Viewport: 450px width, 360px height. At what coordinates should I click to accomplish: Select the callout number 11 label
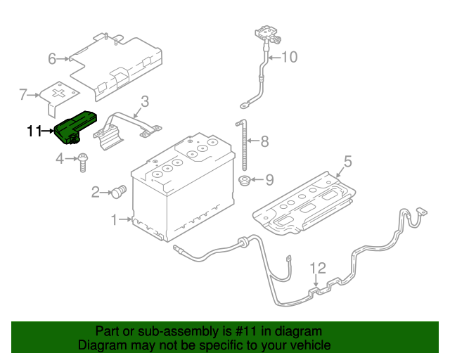pyautogui.click(x=34, y=131)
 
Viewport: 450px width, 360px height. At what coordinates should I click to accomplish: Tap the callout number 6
pyautogui.click(x=52, y=59)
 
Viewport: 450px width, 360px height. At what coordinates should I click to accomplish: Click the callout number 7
pyautogui.click(x=23, y=93)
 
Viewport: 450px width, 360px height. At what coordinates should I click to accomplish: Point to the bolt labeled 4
pyautogui.click(x=82, y=161)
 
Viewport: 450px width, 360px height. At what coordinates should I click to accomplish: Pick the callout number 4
pyautogui.click(x=60, y=160)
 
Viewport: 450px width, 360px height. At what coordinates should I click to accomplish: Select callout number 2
pyautogui.click(x=94, y=191)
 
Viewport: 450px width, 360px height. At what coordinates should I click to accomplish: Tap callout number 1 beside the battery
pyautogui.click(x=114, y=220)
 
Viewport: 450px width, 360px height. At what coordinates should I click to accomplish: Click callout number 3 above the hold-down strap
pyautogui.click(x=143, y=102)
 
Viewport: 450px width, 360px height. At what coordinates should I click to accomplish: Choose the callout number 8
pyautogui.click(x=264, y=142)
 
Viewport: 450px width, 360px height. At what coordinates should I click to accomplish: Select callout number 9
pyautogui.click(x=269, y=181)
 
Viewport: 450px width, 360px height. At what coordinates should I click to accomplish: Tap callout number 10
pyautogui.click(x=290, y=57)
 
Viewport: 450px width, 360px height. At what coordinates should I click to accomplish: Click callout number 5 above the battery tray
pyautogui.click(x=347, y=161)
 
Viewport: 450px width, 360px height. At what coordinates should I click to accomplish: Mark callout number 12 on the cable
pyautogui.click(x=319, y=268)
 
